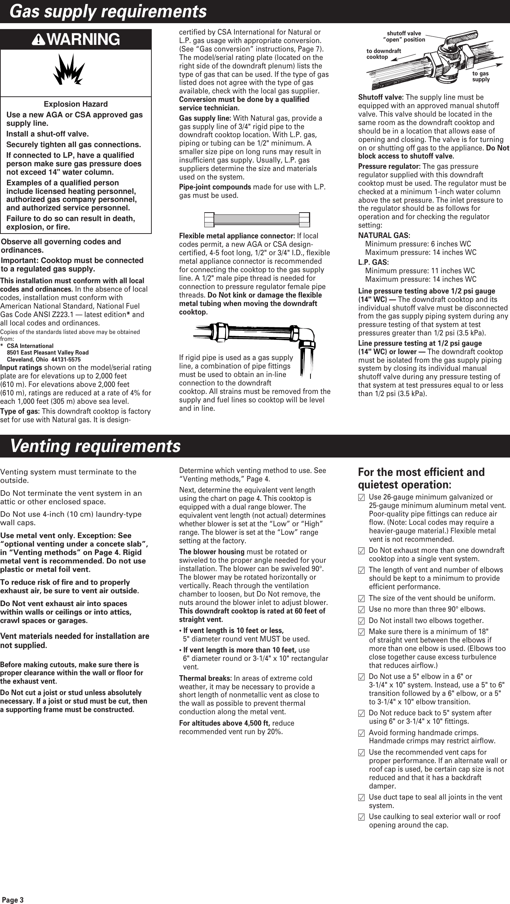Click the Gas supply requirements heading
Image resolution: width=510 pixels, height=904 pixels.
coord(108,12)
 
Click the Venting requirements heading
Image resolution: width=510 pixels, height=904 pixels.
coord(95,446)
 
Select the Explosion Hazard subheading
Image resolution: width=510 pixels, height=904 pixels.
coord(76,104)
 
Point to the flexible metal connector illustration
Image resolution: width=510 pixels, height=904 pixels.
coord(256,220)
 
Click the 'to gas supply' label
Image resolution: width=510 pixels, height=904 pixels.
coord(481,76)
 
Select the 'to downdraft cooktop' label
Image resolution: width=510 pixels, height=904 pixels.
coord(384,54)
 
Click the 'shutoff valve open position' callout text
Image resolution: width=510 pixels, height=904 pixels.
coord(404,37)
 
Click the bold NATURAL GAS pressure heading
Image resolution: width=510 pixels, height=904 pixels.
coord(384,235)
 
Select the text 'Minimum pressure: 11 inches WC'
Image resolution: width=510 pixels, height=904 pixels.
coord(420,271)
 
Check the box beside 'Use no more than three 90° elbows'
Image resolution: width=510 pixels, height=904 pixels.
coord(362,609)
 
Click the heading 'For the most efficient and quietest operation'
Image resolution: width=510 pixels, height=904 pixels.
coord(421,478)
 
